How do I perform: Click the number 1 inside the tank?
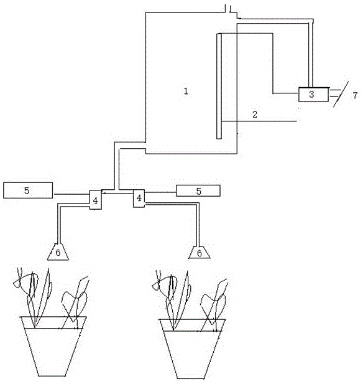click(186, 91)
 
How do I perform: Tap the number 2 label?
click(255, 115)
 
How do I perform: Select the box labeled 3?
click(314, 95)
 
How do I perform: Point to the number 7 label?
click(355, 95)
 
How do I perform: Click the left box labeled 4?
click(95, 200)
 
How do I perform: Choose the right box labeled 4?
click(139, 199)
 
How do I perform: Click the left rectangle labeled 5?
click(28, 190)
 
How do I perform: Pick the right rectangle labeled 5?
click(198, 191)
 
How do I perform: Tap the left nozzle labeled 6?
click(58, 252)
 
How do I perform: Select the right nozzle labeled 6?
click(200, 252)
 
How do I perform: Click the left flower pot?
click(53, 346)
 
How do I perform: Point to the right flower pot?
click(193, 349)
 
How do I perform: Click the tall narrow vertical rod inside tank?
click(219, 87)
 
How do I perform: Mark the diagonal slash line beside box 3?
click(341, 94)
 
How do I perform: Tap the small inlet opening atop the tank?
click(228, 9)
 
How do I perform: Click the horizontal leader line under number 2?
click(259, 121)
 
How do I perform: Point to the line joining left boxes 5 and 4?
click(71, 194)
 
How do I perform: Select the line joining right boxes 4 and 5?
click(160, 192)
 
